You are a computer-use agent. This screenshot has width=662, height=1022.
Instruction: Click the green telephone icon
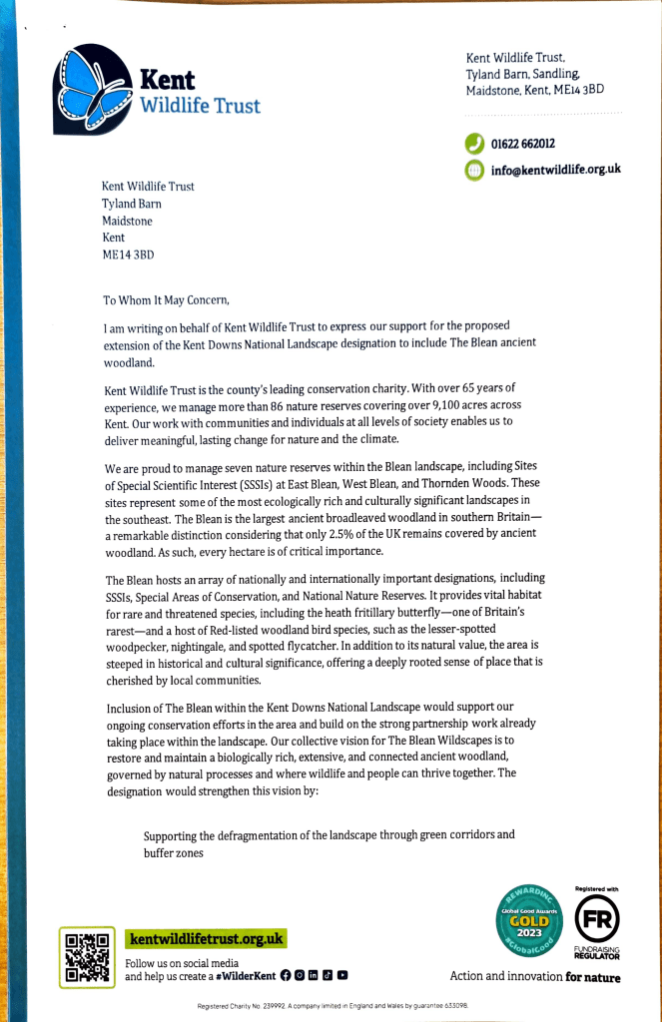coord(474,145)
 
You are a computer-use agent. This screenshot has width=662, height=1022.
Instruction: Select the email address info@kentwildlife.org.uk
coord(555,170)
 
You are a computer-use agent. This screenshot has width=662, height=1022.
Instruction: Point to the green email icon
coord(474,171)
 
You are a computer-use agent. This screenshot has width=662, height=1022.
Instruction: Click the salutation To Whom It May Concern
coord(167,299)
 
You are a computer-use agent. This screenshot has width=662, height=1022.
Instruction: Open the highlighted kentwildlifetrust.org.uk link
coord(206,939)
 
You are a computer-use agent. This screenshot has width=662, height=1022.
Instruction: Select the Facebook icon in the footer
coord(286,975)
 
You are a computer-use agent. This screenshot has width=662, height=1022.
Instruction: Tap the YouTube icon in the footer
coord(342,975)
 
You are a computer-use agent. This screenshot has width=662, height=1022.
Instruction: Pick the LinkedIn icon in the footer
coord(314,975)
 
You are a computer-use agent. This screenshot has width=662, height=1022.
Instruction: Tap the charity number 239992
coord(271,1006)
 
